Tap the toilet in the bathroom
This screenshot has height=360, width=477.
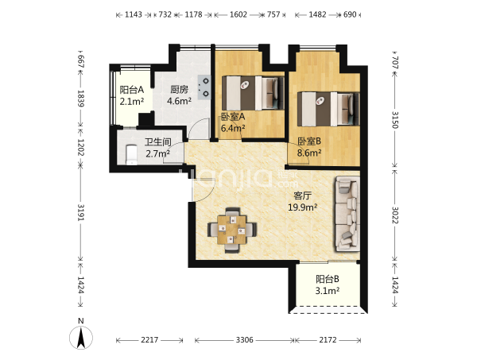click(131, 154)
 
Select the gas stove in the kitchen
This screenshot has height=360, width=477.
click(204, 87)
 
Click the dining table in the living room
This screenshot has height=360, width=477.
click(232, 230)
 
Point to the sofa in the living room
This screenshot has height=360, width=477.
click(347, 214)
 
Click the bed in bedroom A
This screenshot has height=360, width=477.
click(253, 93)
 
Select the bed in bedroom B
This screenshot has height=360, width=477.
click(328, 109)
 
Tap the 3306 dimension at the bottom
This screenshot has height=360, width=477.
click(244, 339)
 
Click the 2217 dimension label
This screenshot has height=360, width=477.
click(149, 339)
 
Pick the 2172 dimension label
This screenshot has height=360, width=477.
click(328, 339)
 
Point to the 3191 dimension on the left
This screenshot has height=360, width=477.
click(80, 212)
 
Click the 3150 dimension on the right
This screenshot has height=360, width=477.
click(394, 120)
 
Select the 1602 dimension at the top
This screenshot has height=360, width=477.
click(238, 14)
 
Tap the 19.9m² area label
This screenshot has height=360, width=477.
click(303, 207)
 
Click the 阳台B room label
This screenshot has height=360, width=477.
click(328, 279)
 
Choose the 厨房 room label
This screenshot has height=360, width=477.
click(179, 89)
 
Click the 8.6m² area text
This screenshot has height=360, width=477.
click(309, 153)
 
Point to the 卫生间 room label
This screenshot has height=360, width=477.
click(158, 142)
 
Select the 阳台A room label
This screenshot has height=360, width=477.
click(132, 90)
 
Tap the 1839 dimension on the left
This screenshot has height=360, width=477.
click(80, 99)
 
